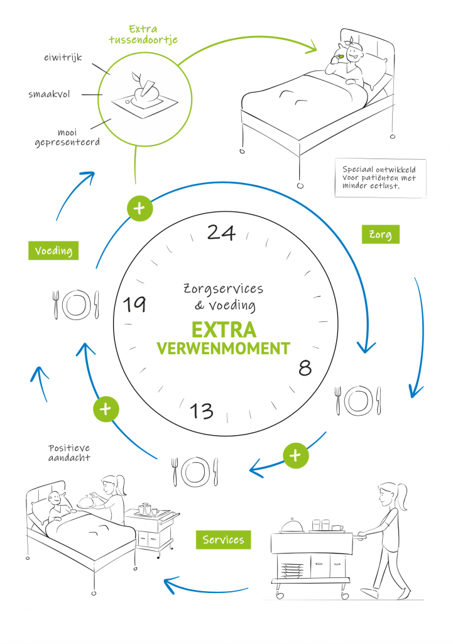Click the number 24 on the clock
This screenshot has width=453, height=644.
221,233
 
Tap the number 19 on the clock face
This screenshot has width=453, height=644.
134,304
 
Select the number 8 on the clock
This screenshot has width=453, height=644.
305,368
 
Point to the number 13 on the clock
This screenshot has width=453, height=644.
202,411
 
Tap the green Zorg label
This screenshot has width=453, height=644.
381,235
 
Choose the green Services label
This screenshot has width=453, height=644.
222,540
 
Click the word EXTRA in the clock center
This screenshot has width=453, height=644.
223,330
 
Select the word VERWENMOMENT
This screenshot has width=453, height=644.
223,348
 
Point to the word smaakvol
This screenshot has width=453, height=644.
49,94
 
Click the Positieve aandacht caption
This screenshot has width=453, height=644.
68,453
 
